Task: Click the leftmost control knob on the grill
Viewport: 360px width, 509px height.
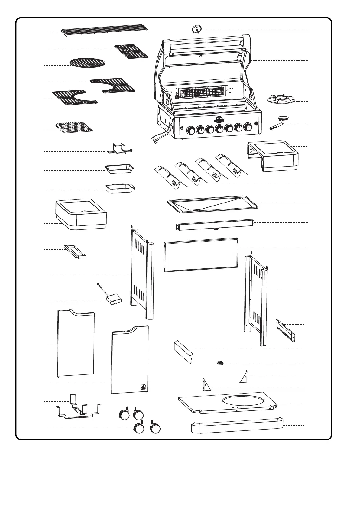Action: pos(191,131)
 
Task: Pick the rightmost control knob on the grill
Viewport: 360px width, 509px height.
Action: pos(248,127)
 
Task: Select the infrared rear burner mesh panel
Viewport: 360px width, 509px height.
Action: pos(202,92)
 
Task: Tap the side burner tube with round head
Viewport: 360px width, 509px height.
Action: pos(278,123)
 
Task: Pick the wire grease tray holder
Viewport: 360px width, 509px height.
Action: pos(119,149)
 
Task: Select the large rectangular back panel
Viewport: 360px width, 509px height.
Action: pos(201,254)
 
